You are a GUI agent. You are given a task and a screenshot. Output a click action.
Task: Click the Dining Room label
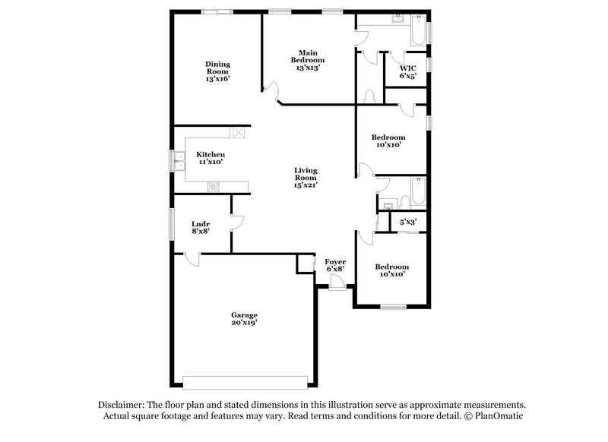(x=217, y=71)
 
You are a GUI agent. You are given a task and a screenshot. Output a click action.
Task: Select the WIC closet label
(x=407, y=71)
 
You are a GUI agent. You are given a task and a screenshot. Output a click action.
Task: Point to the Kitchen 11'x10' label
(x=211, y=158)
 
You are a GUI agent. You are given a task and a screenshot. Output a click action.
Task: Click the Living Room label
(x=306, y=178)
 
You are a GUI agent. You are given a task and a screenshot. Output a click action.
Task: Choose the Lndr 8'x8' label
(x=201, y=228)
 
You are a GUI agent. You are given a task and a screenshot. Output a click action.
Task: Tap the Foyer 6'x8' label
(x=335, y=266)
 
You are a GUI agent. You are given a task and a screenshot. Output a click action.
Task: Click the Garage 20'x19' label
(x=245, y=319)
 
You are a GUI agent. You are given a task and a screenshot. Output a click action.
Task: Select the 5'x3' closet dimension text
(x=408, y=222)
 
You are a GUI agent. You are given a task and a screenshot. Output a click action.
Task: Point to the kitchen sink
(x=182, y=161)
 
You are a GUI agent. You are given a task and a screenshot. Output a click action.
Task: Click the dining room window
(x=217, y=11)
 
